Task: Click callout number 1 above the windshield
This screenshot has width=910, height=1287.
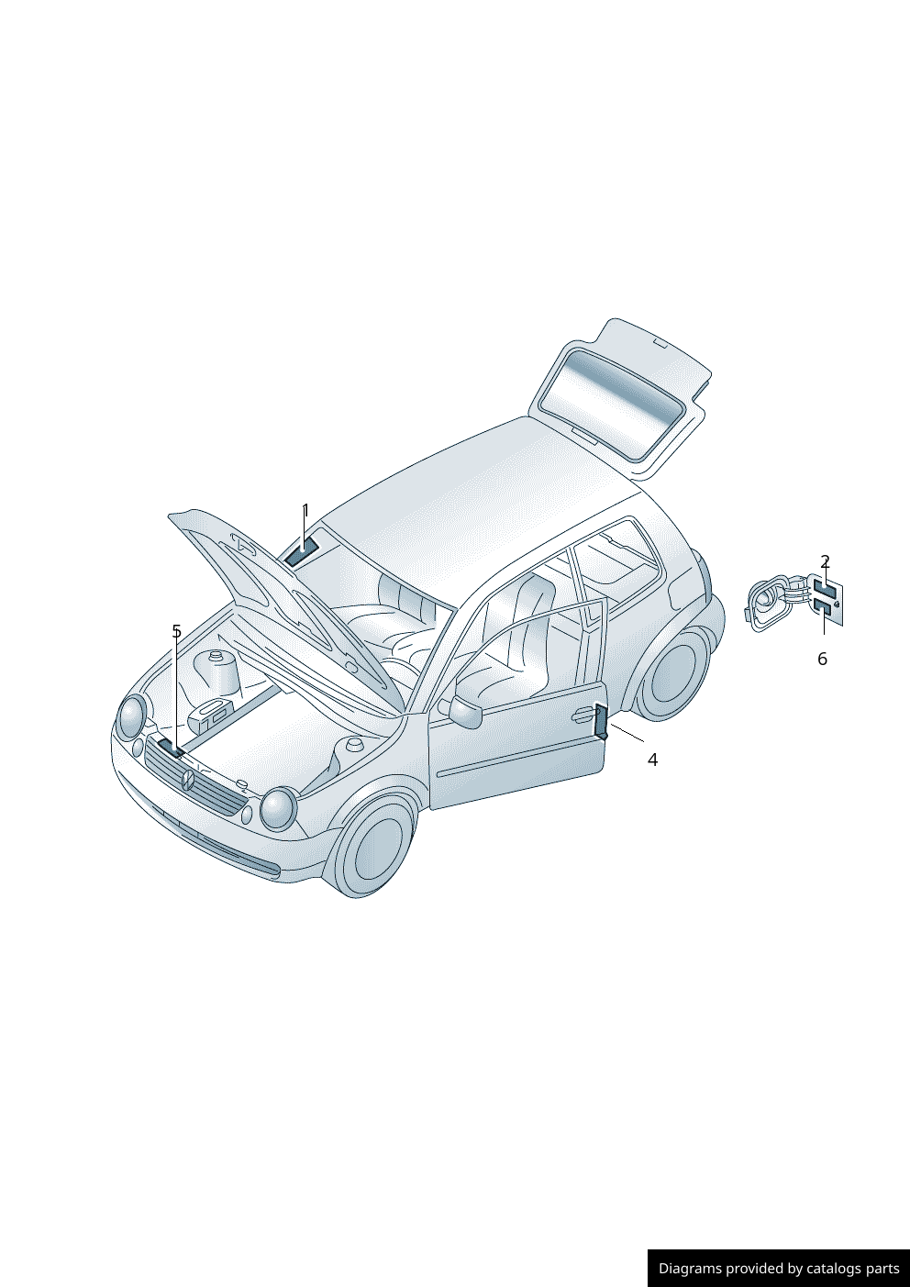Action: [305, 511]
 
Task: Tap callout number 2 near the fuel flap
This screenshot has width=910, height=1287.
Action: [825, 561]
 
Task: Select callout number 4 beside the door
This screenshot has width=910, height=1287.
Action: [652, 760]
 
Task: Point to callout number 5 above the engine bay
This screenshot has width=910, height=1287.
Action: [176, 631]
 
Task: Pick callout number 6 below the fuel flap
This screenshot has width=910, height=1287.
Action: [822, 659]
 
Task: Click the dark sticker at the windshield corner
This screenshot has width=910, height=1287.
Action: [301, 552]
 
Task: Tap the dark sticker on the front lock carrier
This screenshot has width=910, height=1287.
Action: [171, 747]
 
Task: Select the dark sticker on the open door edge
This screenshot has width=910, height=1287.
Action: [601, 722]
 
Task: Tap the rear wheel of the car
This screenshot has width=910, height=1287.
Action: [675, 673]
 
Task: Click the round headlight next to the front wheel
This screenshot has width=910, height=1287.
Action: [277, 808]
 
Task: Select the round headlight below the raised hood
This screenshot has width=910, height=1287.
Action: [132, 716]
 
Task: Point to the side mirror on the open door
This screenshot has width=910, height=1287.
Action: [465, 711]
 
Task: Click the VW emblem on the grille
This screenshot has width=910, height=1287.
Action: [187, 781]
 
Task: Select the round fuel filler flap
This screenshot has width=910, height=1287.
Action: [767, 605]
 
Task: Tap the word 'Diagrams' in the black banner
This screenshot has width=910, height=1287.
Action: [690, 1269]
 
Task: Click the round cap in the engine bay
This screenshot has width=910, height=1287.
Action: [218, 657]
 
